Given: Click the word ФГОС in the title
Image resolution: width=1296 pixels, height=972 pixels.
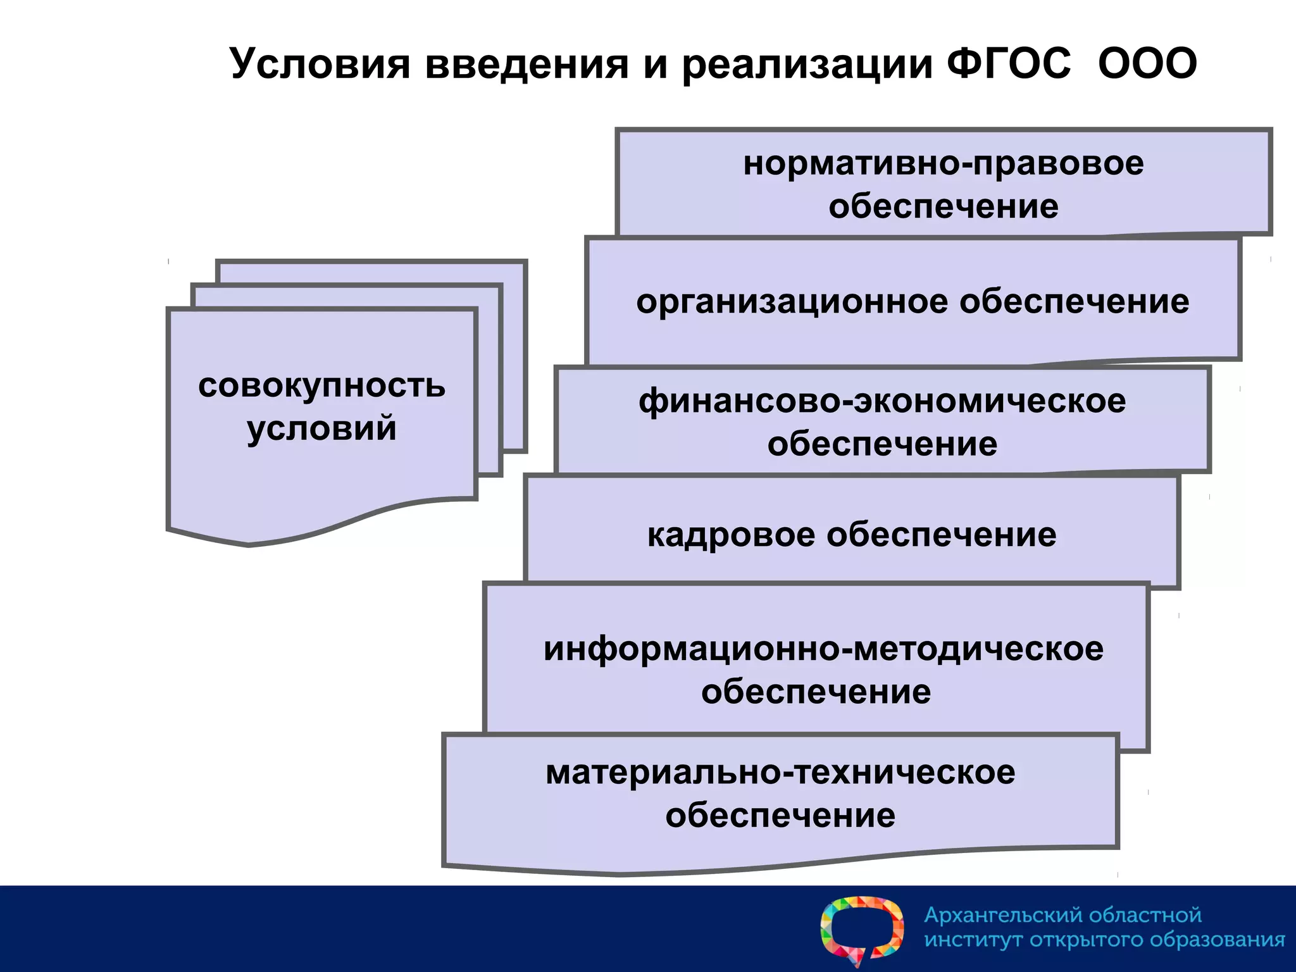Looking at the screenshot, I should click(1009, 64).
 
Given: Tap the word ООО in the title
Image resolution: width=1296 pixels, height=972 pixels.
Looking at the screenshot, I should click(1147, 64).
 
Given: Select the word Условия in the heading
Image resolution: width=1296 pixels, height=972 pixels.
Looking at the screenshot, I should click(320, 64).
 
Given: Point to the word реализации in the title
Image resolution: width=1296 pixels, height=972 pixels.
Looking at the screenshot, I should click(807, 65).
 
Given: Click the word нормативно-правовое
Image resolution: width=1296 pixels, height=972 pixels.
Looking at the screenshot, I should click(943, 164).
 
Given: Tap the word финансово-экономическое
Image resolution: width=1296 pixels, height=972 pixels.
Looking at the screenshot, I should click(882, 402).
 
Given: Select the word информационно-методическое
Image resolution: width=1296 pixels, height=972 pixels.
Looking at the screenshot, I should click(823, 649).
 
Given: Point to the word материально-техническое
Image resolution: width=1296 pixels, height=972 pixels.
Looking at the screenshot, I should click(780, 773).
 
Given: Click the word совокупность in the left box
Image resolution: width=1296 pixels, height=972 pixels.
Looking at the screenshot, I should click(321, 386).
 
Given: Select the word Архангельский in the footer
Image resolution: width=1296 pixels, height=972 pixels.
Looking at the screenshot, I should click(1004, 915).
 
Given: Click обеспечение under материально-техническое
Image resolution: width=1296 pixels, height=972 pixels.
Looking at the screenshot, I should click(780, 815).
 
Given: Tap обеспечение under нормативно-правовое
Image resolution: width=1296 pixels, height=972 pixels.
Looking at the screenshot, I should click(943, 207).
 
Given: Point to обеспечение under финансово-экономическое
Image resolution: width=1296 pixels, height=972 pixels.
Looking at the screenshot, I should click(882, 444).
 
